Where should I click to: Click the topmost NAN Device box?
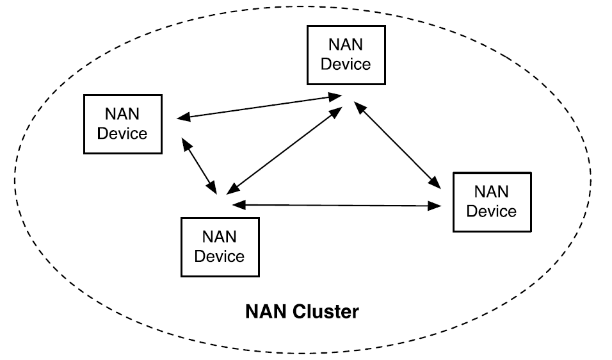pos(346,55)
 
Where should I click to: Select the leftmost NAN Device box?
pos(122,124)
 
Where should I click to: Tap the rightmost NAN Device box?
pos(491,201)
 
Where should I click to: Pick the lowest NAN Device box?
pos(220,247)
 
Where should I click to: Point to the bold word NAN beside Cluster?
pos(267,313)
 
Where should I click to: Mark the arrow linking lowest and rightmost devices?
pos(337,205)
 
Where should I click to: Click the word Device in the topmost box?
pos(346,64)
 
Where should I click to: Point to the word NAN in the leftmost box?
pos(122,115)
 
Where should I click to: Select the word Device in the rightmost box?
pos(491,211)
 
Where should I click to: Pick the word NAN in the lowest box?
pos(220,237)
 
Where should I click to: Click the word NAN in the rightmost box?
pos(491,192)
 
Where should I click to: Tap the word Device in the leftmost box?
pos(122,133)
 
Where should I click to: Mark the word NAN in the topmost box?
pos(346,45)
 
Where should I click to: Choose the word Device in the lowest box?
pos(220,256)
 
